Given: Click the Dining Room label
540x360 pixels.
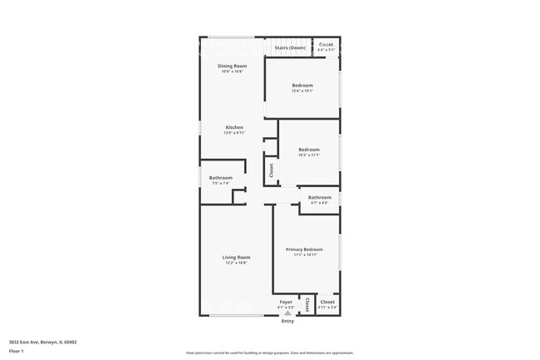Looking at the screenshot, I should (x=233, y=66).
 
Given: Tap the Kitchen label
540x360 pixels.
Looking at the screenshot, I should (x=234, y=127).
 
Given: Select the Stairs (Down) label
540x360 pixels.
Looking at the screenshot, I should (x=290, y=47).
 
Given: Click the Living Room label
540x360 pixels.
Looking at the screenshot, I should (x=236, y=258).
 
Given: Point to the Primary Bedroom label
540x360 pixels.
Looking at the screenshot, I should (x=304, y=249).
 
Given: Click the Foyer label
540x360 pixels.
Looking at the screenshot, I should (x=286, y=302).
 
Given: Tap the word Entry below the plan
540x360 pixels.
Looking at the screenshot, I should (x=287, y=321).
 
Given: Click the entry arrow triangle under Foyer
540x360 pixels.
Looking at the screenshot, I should (x=287, y=313).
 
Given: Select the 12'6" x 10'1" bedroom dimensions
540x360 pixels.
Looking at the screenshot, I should (x=302, y=91).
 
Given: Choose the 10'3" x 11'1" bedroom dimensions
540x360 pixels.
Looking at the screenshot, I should (x=309, y=155).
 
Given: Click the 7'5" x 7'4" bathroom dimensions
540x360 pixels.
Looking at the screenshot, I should (x=221, y=183).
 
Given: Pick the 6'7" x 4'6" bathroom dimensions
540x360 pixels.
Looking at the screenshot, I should (x=320, y=203).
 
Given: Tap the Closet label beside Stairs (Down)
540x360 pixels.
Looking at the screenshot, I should (x=326, y=45).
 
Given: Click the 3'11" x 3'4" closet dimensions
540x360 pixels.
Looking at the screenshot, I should (x=327, y=308).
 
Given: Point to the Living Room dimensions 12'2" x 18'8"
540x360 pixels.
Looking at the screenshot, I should (x=236, y=263).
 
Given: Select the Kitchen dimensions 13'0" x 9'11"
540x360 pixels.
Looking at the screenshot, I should (x=234, y=133).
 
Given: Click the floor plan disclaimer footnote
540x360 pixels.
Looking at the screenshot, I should (x=270, y=353).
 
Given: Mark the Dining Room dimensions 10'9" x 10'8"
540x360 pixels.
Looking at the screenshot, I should (x=233, y=72).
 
